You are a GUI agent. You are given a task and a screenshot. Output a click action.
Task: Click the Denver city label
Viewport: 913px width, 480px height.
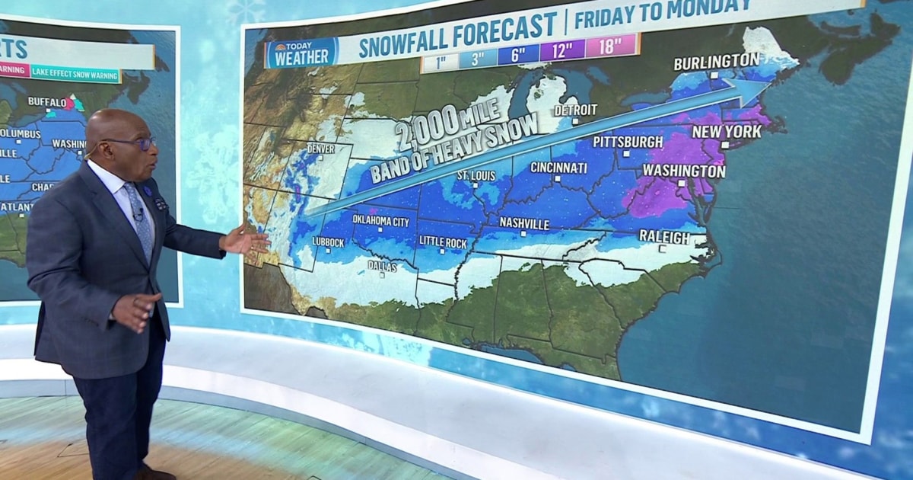pyautogui.click(x=320, y=149)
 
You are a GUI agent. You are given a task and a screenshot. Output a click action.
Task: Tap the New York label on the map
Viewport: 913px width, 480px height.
pyautogui.click(x=726, y=132)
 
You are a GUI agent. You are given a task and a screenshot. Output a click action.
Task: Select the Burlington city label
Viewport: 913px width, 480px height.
pyautogui.click(x=716, y=61)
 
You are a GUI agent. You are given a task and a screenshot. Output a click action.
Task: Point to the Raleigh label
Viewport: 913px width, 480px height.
pyautogui.click(x=664, y=237)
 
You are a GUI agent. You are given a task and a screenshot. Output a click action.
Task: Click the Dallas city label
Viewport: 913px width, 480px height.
pyautogui.click(x=382, y=266)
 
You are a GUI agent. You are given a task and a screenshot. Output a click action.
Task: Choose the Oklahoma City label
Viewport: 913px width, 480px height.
pyautogui.click(x=380, y=220)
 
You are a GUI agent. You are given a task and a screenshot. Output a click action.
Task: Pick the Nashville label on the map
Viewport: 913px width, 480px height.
pyautogui.click(x=524, y=223)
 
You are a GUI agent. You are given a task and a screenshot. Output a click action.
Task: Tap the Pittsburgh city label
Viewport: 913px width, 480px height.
pyautogui.click(x=628, y=142)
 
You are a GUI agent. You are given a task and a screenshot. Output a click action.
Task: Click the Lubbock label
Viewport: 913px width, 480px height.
pyautogui.click(x=328, y=242)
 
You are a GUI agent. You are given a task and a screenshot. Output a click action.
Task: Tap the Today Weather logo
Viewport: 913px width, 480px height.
pyautogui.click(x=301, y=53)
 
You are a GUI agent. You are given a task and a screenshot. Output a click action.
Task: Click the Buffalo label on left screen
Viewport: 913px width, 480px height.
pyautogui.click(x=47, y=101)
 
